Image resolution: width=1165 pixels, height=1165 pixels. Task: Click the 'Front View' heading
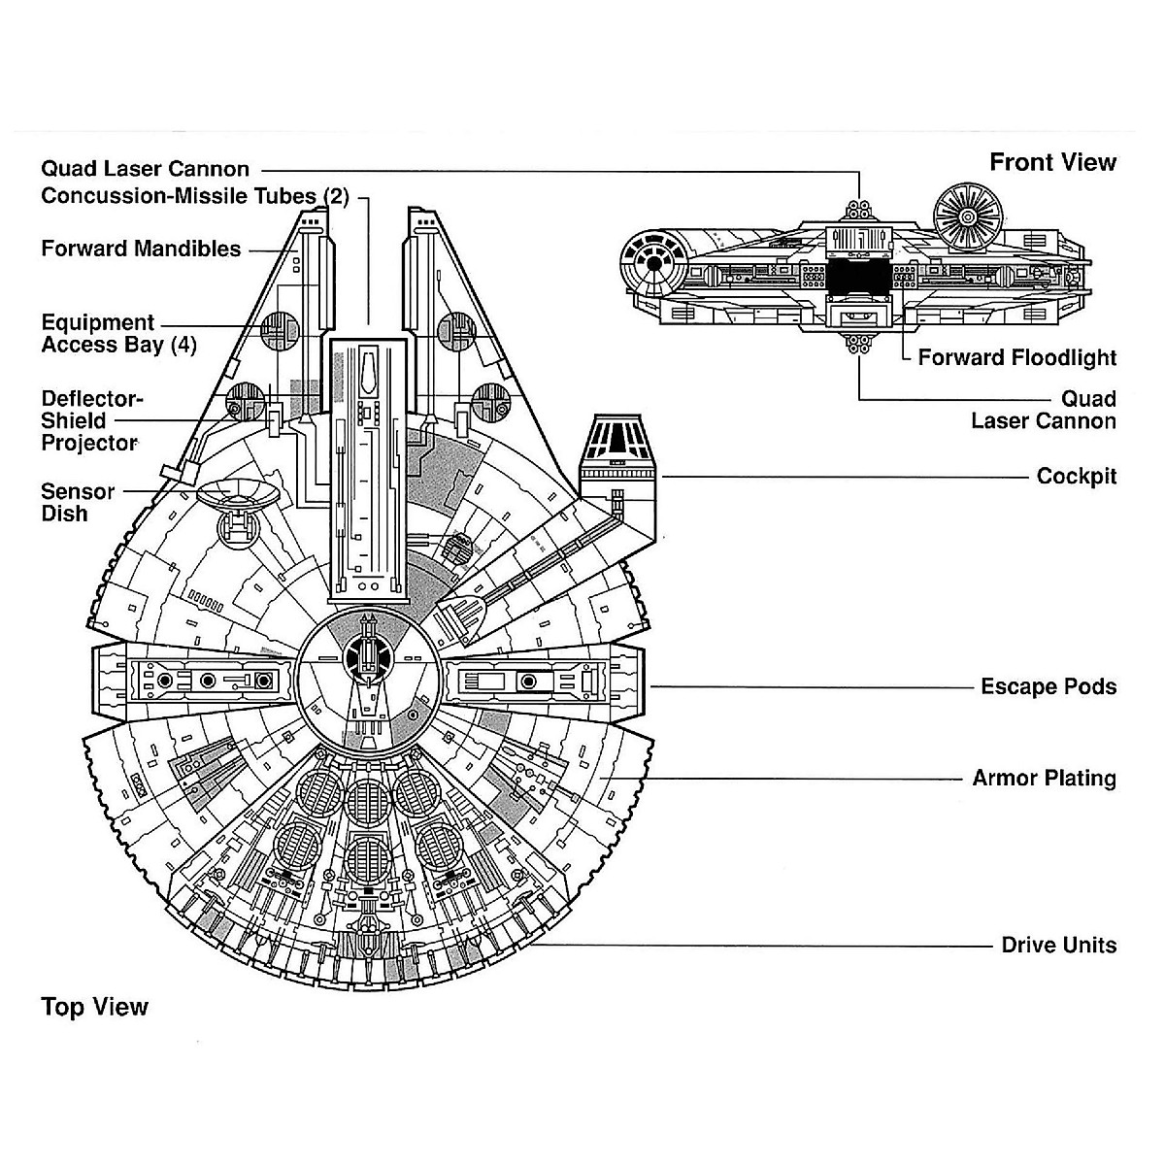[x=1052, y=162]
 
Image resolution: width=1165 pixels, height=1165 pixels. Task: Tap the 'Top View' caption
[x=94, y=1007]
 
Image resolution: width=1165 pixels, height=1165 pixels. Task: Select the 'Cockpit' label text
[x=1076, y=477]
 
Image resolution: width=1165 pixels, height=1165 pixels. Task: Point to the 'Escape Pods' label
[x=1048, y=687]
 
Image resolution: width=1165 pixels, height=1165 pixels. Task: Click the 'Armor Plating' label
[x=1044, y=779]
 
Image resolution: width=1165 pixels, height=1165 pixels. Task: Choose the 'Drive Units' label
[x=1058, y=946]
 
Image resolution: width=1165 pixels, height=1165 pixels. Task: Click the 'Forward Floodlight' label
[x=1016, y=357]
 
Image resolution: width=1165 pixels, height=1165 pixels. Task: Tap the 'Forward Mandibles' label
[x=141, y=249]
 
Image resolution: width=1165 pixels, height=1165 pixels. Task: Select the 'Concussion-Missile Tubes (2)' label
[x=194, y=196]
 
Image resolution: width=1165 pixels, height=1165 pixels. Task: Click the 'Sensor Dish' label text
[x=78, y=503]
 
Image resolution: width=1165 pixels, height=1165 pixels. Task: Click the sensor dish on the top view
[x=238, y=497]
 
